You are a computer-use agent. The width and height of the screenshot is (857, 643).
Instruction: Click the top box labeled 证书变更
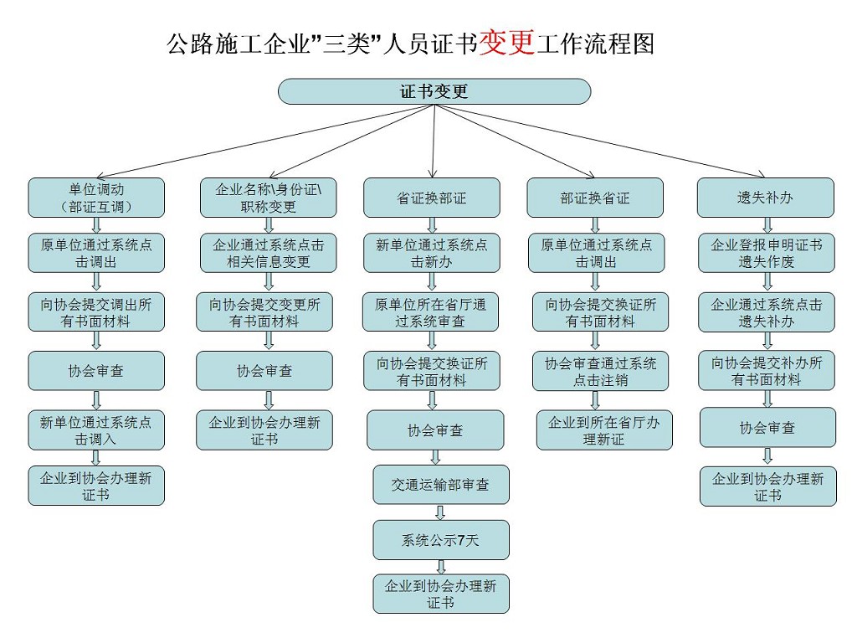pyautogui.click(x=434, y=91)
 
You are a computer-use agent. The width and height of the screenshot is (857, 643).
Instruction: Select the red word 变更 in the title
pyautogui.click(x=507, y=43)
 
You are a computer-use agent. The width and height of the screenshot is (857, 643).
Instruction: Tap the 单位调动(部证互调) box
pyautogui.click(x=96, y=198)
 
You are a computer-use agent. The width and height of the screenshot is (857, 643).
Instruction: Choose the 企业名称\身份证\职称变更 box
pyautogui.click(x=269, y=198)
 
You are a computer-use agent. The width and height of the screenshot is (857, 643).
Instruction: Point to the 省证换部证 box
pyautogui.click(x=432, y=198)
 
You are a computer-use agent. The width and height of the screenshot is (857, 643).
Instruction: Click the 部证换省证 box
pyautogui.click(x=595, y=198)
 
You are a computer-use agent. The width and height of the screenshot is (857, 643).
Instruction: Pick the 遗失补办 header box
pyautogui.click(x=766, y=198)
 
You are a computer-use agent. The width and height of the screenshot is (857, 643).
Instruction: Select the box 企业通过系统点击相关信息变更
pyautogui.click(x=268, y=253)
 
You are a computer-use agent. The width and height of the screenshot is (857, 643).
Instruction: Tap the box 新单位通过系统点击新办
pyautogui.click(x=432, y=253)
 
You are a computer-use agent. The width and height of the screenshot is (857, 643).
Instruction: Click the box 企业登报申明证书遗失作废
pyautogui.click(x=767, y=253)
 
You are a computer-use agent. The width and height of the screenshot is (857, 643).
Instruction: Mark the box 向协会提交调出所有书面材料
pyautogui.click(x=96, y=312)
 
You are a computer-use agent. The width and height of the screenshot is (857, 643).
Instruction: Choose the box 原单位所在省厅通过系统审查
pyautogui.click(x=432, y=311)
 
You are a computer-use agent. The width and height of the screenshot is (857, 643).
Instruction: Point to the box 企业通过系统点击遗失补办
pyautogui.click(x=767, y=312)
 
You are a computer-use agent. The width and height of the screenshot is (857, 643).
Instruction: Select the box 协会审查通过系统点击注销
pyautogui.click(x=601, y=371)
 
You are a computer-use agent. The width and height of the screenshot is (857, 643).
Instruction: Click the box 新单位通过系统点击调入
pyautogui.click(x=96, y=430)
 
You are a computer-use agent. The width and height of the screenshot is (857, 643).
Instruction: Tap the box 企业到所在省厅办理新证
pyautogui.click(x=604, y=430)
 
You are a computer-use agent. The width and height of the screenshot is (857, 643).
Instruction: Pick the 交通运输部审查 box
pyautogui.click(x=441, y=485)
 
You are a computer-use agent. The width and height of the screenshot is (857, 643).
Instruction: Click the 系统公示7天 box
pyautogui.click(x=441, y=540)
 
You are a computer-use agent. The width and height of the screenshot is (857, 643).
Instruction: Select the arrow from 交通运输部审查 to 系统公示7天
pyautogui.click(x=441, y=512)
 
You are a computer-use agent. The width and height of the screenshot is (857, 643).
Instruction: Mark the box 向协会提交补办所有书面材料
pyautogui.click(x=767, y=371)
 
